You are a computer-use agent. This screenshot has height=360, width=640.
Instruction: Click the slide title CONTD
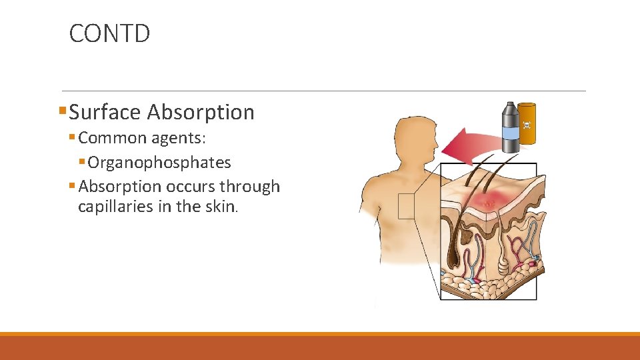click(x=109, y=33)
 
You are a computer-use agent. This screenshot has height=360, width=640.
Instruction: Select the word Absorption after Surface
click(x=201, y=112)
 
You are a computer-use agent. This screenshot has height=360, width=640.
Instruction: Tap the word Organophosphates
click(x=159, y=163)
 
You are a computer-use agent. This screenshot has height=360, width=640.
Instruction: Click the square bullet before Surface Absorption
click(x=63, y=112)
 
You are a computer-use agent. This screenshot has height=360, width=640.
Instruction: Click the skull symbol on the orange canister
click(x=527, y=125)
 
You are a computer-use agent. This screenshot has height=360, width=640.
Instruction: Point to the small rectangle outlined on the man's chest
click(x=406, y=206)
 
